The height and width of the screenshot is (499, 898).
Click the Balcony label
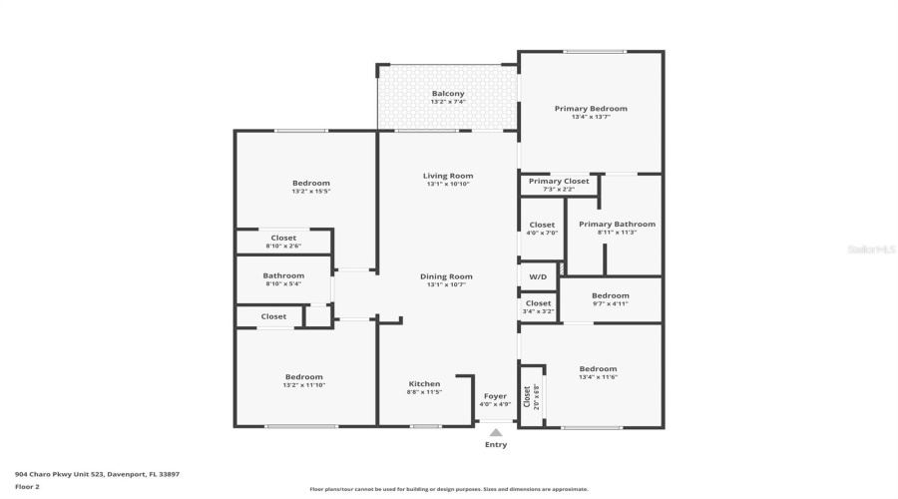[x=447, y=94]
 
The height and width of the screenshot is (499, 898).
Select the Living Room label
[x=448, y=176]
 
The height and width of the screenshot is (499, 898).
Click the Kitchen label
[x=424, y=384]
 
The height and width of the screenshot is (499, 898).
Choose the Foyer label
[x=496, y=396]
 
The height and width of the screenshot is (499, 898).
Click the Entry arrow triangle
[x=496, y=432]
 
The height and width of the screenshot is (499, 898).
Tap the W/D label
[x=538, y=276]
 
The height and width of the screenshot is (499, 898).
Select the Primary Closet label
[x=558, y=181]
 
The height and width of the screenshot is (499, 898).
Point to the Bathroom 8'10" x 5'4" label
[x=283, y=276]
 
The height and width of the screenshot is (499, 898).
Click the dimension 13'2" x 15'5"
[x=310, y=192]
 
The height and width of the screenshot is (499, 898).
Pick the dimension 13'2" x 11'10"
[x=304, y=385]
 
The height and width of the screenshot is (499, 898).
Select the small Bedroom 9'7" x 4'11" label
[x=610, y=295]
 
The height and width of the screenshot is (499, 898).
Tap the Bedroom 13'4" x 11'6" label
[x=598, y=368]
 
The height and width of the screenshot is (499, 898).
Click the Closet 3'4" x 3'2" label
[x=538, y=303]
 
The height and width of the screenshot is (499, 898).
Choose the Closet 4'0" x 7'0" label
[x=542, y=225]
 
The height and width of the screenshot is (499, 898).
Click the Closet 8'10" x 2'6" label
[x=283, y=238]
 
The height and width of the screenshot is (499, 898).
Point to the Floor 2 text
[x=27, y=487]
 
